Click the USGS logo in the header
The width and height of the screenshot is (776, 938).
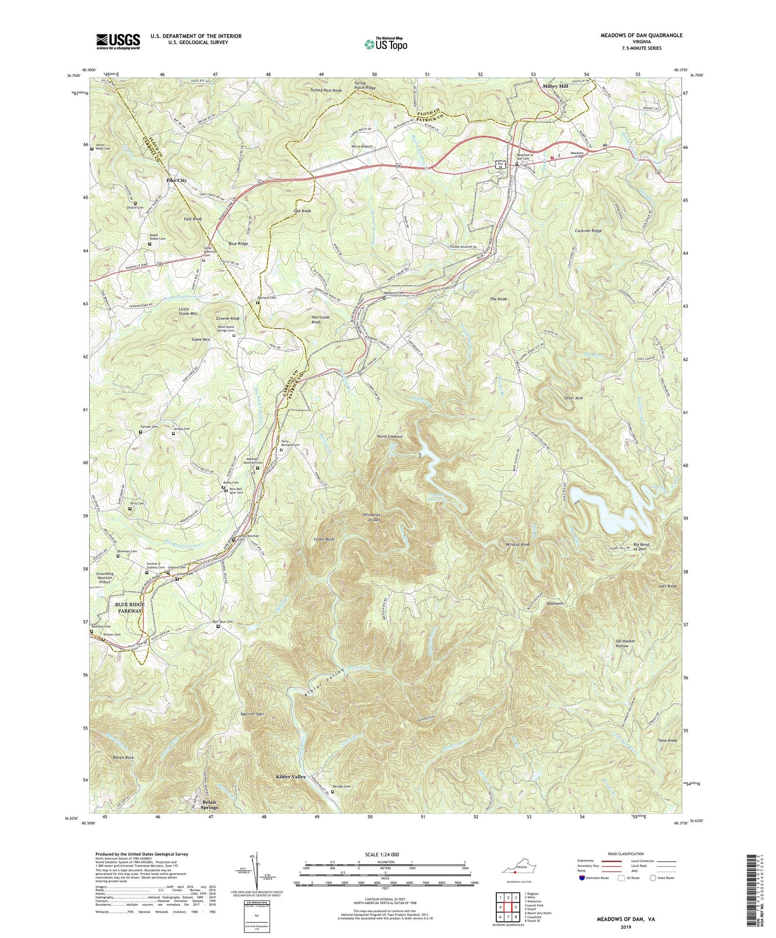(x=118, y=41)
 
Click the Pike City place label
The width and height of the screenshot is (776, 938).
(x=176, y=181)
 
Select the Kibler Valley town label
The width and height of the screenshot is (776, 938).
(x=291, y=777)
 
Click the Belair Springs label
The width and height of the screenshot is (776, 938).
(x=209, y=804)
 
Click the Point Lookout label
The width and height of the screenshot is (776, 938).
(x=390, y=436)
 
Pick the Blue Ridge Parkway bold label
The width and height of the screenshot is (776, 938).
(x=129, y=608)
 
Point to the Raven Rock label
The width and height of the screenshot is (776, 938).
(x=123, y=757)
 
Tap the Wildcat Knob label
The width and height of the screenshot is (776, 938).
(x=518, y=544)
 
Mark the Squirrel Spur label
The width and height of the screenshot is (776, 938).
(x=252, y=714)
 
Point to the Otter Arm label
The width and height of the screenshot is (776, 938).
(x=572, y=398)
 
